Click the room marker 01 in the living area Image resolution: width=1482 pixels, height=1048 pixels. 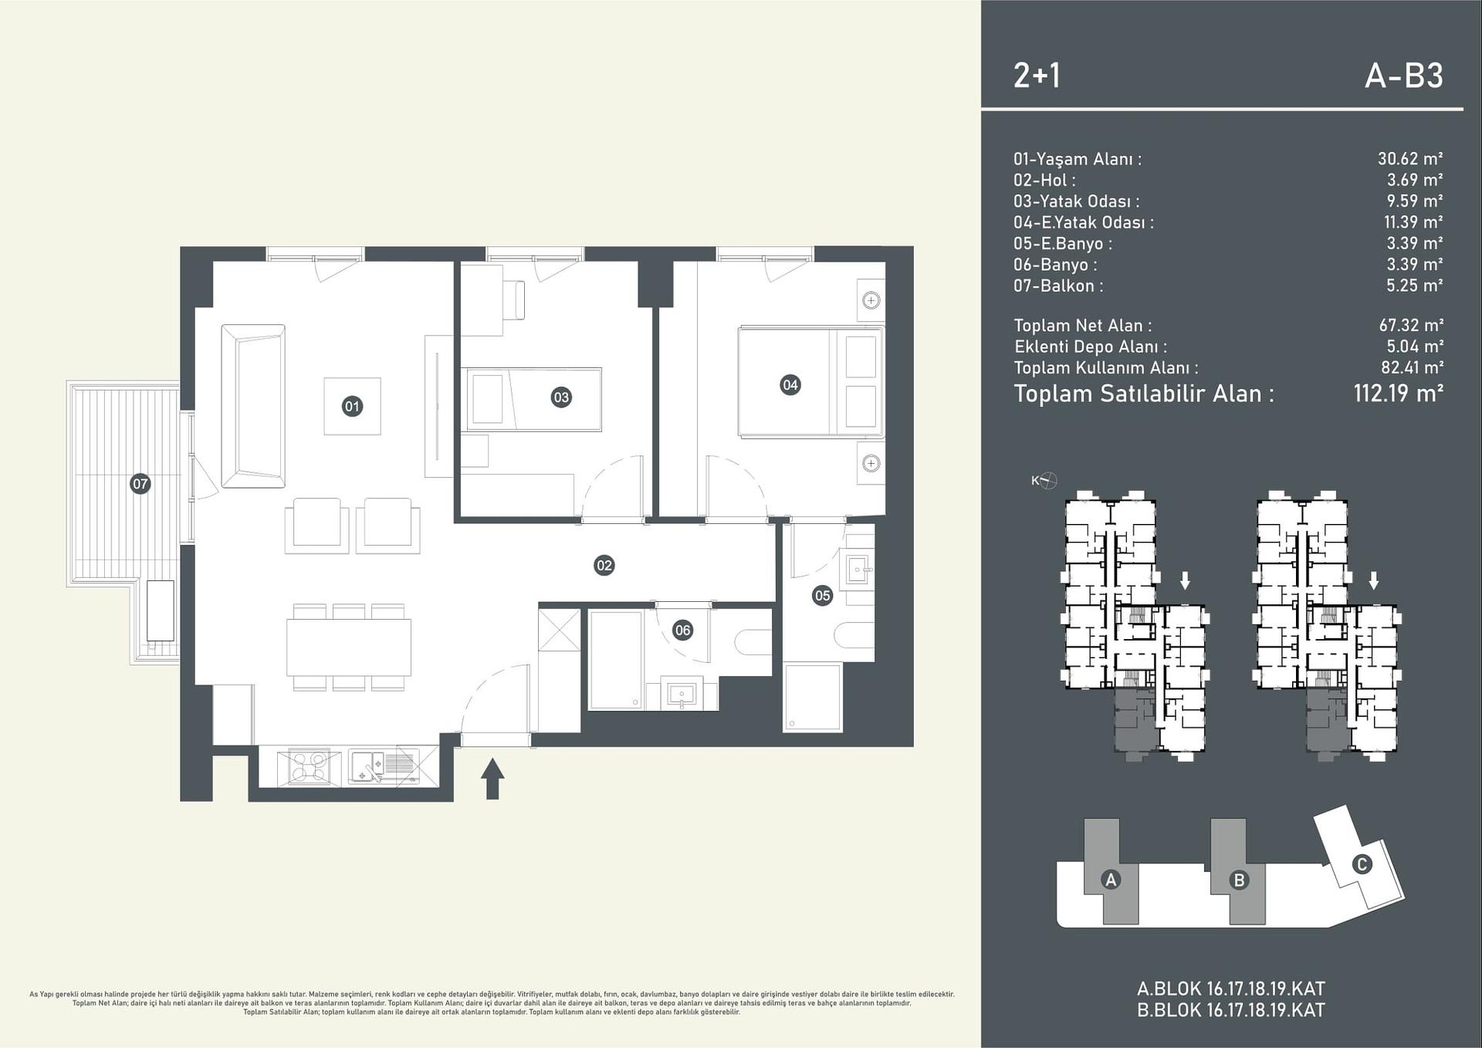tap(352, 406)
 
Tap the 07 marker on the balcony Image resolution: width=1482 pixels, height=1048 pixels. tap(140, 484)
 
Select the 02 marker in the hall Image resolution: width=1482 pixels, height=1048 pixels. tap(604, 566)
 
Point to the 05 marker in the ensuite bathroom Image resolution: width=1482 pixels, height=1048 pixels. tap(822, 595)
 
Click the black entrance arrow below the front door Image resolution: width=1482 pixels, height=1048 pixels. tap(492, 779)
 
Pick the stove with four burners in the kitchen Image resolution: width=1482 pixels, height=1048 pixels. tap(308, 766)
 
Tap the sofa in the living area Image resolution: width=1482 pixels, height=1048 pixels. tap(253, 406)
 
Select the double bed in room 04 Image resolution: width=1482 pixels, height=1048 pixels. tap(810, 383)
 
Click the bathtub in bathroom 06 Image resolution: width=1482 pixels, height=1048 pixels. tap(615, 660)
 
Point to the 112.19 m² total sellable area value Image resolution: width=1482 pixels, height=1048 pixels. tap(1398, 394)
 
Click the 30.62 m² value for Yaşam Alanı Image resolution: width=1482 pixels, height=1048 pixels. tap(1409, 159)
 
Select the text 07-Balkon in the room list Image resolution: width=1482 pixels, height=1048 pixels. tap(1057, 286)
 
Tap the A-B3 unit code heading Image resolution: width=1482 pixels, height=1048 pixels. tap(1403, 76)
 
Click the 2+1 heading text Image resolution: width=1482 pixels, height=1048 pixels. tap(1037, 76)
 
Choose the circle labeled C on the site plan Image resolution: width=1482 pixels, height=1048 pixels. tap(1361, 864)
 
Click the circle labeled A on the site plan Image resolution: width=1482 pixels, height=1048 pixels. tap(1111, 880)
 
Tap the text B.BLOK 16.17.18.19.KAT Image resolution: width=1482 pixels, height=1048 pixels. tap(1230, 1010)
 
